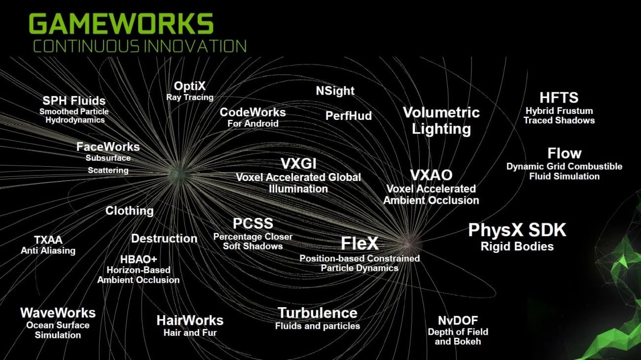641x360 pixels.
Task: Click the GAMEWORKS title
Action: point(121,24)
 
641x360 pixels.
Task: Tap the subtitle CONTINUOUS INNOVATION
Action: point(140,46)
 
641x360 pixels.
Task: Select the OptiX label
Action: point(189,86)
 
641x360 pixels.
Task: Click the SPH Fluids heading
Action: point(74,101)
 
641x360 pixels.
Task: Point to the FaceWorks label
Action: point(108,146)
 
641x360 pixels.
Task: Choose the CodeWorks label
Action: point(252,112)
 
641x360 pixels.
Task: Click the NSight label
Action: point(335,91)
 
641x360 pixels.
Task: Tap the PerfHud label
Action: point(348,116)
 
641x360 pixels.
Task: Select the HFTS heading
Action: point(559,97)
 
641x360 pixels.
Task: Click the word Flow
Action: point(564,153)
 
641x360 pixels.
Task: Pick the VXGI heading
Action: point(298,163)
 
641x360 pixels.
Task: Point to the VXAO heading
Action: point(431,175)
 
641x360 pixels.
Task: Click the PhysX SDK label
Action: point(517,230)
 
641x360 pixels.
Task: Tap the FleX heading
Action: point(359,243)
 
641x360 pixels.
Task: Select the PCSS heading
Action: point(252,223)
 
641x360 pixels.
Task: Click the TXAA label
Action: point(48,240)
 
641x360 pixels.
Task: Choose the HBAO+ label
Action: point(138,259)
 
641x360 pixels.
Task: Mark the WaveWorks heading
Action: point(58,313)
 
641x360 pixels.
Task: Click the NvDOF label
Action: point(458,321)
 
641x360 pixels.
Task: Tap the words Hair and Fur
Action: point(190,333)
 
